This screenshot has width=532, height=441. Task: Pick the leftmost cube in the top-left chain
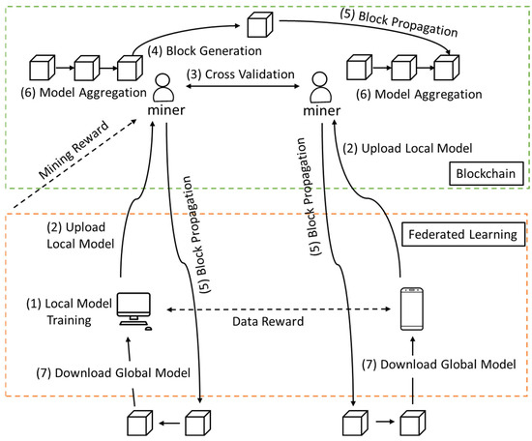click(44, 69)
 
